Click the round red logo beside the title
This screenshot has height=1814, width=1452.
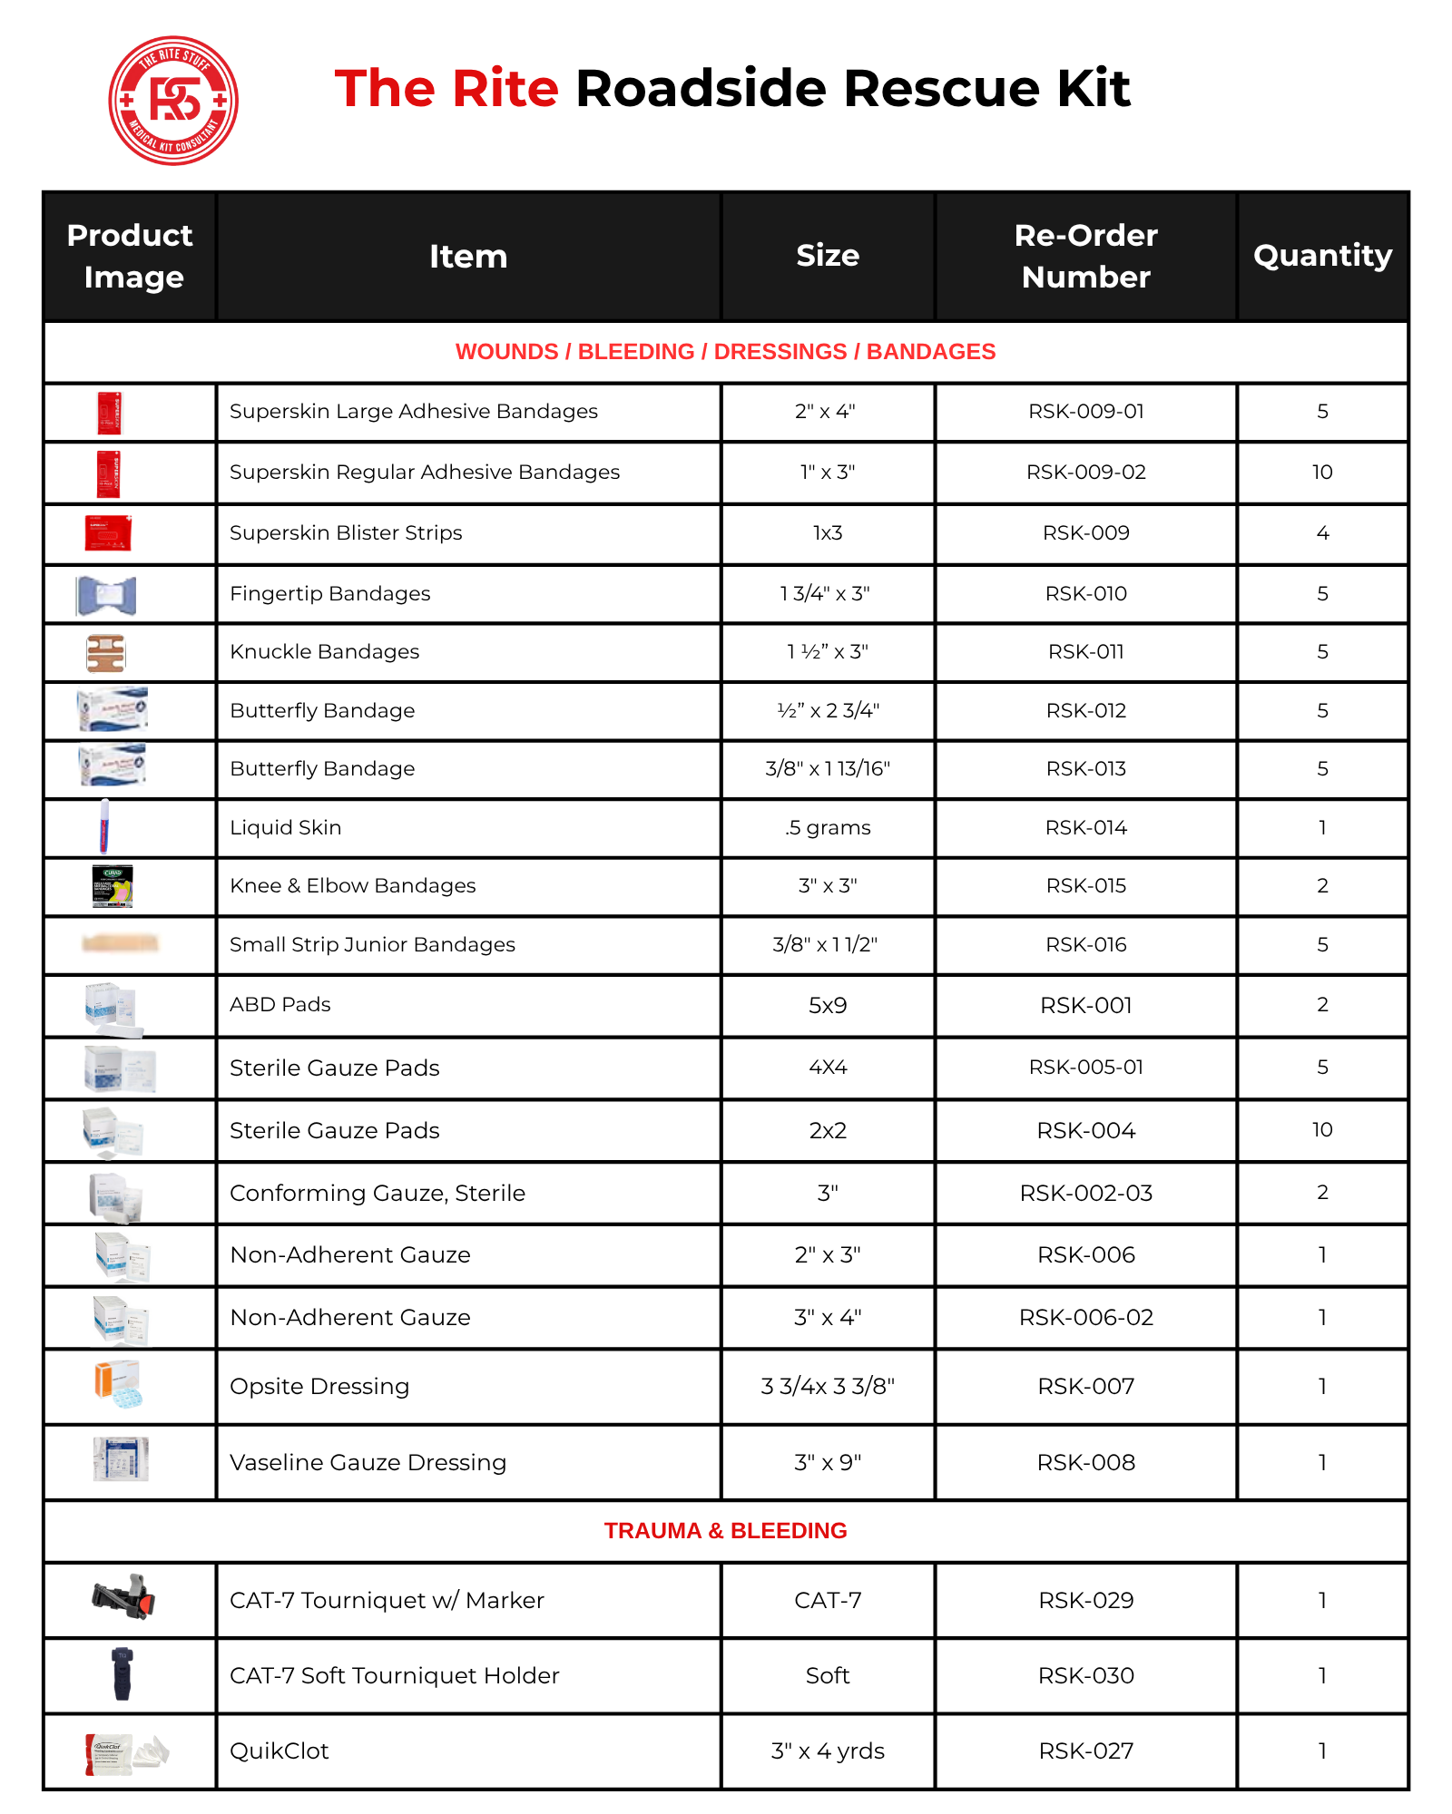click(x=173, y=101)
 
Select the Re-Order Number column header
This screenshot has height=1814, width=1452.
click(x=1085, y=256)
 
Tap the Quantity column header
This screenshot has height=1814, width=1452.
click(x=1322, y=256)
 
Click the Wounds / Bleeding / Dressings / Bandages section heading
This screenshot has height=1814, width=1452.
click(x=725, y=352)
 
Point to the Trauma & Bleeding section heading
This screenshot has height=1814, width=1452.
click(x=725, y=1531)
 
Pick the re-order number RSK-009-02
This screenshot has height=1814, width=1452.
click(x=1085, y=473)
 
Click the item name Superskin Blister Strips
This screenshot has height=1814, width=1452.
click(x=346, y=533)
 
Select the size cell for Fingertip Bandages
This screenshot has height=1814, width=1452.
click(x=827, y=594)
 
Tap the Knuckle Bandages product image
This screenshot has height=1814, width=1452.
click(x=106, y=653)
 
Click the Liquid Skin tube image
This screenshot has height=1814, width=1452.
click(x=105, y=826)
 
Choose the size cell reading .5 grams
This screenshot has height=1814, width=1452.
click(x=827, y=828)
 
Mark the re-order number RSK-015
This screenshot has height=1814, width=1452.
click(x=1085, y=886)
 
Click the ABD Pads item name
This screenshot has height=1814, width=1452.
click(x=280, y=1005)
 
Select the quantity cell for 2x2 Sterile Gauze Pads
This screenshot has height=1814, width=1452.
click(x=1322, y=1130)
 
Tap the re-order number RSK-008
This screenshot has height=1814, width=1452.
click(x=1085, y=1463)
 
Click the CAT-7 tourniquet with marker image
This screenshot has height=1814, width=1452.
click(x=124, y=1597)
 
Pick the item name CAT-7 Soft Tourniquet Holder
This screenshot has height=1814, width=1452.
click(x=394, y=1676)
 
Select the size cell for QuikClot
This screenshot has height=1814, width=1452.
click(x=827, y=1751)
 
